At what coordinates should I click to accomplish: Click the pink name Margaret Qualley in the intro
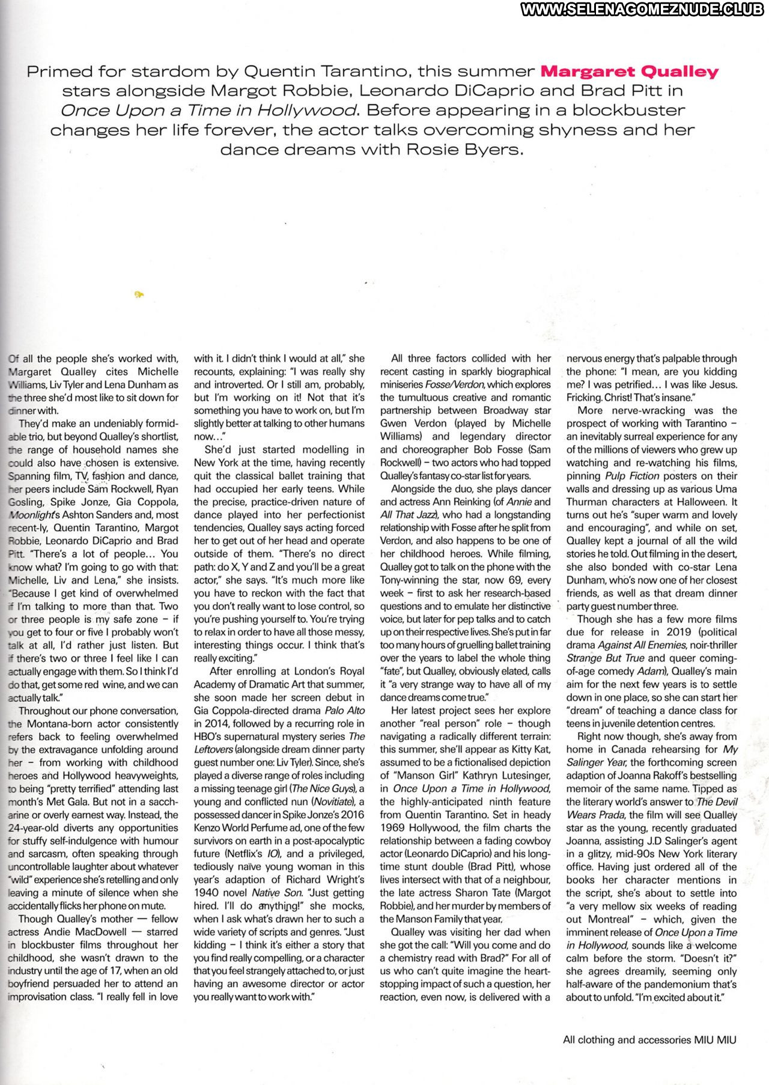click(x=629, y=72)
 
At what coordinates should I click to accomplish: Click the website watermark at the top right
click(x=644, y=9)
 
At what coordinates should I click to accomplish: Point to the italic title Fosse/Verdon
click(x=454, y=384)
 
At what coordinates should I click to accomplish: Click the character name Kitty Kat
click(x=530, y=750)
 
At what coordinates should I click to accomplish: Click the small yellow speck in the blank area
click(x=139, y=294)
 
